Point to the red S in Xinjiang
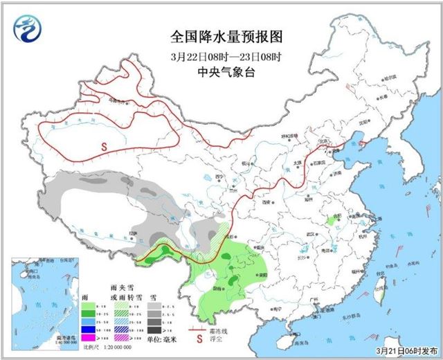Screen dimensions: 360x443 click(104, 146)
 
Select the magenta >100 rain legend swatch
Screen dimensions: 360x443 click(87, 337)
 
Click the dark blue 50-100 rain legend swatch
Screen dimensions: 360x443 click(87, 327)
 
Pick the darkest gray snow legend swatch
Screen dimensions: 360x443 click(154, 337)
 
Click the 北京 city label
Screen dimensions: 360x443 click(320, 140)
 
